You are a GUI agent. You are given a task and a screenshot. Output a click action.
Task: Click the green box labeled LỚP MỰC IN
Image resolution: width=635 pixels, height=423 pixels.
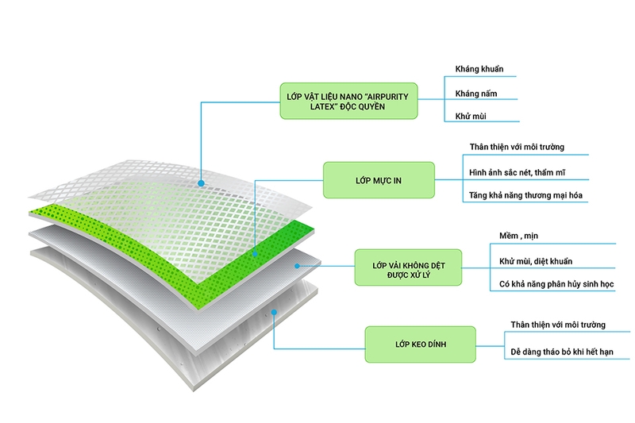pyautogui.click(x=379, y=180)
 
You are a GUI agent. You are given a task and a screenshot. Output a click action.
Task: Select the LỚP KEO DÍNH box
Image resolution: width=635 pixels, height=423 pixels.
pyautogui.click(x=421, y=344)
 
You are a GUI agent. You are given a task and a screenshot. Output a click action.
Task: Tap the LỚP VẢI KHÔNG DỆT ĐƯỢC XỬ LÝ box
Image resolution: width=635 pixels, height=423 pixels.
pyautogui.click(x=408, y=267)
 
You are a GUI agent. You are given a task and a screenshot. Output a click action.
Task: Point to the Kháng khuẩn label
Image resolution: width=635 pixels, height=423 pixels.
pyautogui.click(x=479, y=69)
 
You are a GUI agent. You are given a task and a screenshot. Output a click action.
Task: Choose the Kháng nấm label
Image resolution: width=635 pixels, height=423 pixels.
pyautogui.click(x=475, y=94)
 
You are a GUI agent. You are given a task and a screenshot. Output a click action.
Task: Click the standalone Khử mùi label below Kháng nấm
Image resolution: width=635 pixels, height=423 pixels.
pyautogui.click(x=471, y=116)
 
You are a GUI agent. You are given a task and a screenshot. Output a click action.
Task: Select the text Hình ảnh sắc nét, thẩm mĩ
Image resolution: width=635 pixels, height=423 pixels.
pyautogui.click(x=517, y=172)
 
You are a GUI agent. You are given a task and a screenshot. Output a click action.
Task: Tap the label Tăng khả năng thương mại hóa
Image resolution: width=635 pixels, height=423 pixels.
pyautogui.click(x=525, y=195)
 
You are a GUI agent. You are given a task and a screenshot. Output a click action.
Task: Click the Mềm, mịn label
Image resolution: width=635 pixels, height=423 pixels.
pyautogui.click(x=518, y=236)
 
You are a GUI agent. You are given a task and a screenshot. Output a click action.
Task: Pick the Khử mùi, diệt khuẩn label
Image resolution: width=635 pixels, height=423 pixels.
pyautogui.click(x=535, y=261)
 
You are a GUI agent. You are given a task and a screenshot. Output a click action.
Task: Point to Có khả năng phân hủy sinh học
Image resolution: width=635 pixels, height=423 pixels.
pyautogui.click(x=556, y=284)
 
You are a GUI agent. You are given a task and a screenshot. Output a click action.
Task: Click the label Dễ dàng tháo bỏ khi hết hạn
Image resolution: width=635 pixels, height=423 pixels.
pyautogui.click(x=562, y=352)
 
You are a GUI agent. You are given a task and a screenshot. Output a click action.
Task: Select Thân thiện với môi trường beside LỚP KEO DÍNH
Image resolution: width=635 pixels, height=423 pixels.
pyautogui.click(x=558, y=325)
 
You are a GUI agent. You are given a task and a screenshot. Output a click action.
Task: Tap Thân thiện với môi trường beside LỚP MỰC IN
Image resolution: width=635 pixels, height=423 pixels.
pyautogui.click(x=517, y=147)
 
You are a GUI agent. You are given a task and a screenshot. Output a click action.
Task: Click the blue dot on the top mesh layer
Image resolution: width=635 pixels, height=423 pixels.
pyautogui.click(x=201, y=183)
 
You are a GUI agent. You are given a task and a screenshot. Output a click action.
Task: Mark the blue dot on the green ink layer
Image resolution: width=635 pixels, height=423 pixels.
pyautogui.click(x=255, y=254)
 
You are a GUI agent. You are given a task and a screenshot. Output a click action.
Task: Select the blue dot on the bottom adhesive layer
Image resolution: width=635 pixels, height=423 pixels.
pyautogui.click(x=274, y=313)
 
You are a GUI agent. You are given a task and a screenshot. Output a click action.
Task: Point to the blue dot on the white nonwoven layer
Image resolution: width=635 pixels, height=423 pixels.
pyautogui.click(x=297, y=266)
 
